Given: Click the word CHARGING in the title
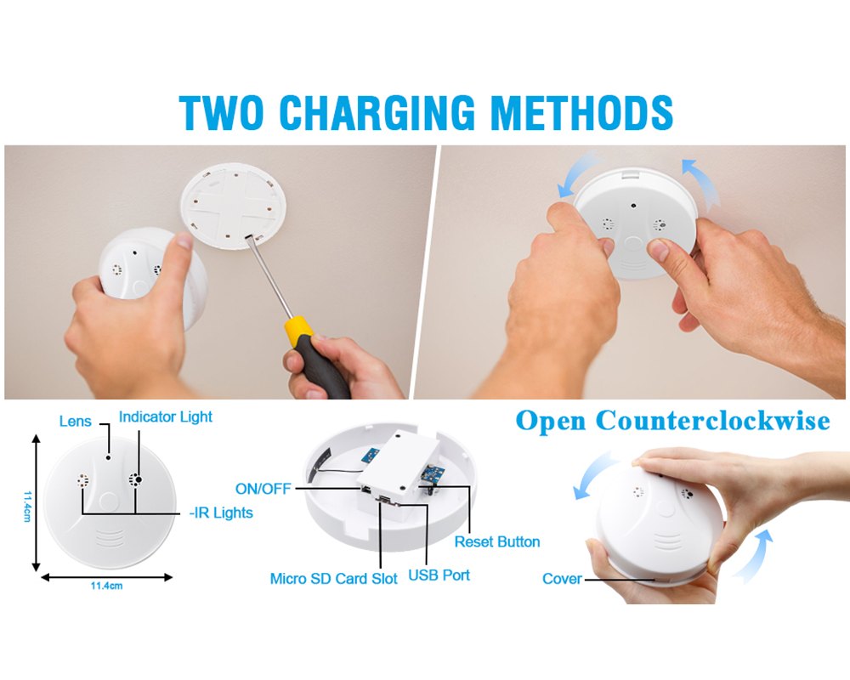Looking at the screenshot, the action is [x=377, y=113].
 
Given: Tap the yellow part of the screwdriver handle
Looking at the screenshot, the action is [x=298, y=331].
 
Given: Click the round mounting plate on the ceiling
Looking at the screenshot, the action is [x=233, y=206].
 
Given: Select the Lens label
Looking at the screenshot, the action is [x=76, y=422].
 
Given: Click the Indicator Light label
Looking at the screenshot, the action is [x=166, y=417].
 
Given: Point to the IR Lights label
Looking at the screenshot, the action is [x=221, y=513].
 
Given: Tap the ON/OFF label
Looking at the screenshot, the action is [x=263, y=489].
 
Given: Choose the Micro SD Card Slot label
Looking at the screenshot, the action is [x=333, y=579].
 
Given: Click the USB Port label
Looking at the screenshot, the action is [x=439, y=575].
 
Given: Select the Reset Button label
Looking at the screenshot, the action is [x=497, y=541].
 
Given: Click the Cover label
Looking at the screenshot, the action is [x=562, y=579].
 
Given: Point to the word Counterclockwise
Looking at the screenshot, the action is [x=713, y=420].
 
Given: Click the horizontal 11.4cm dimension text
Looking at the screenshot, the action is [x=106, y=586].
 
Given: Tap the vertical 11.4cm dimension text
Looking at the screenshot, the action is [x=27, y=507].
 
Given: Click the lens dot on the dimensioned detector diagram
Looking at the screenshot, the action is [x=109, y=457].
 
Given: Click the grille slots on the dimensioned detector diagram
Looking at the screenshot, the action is [x=110, y=538].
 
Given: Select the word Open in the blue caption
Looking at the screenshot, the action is [x=551, y=422].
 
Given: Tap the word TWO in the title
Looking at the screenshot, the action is [x=222, y=113].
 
